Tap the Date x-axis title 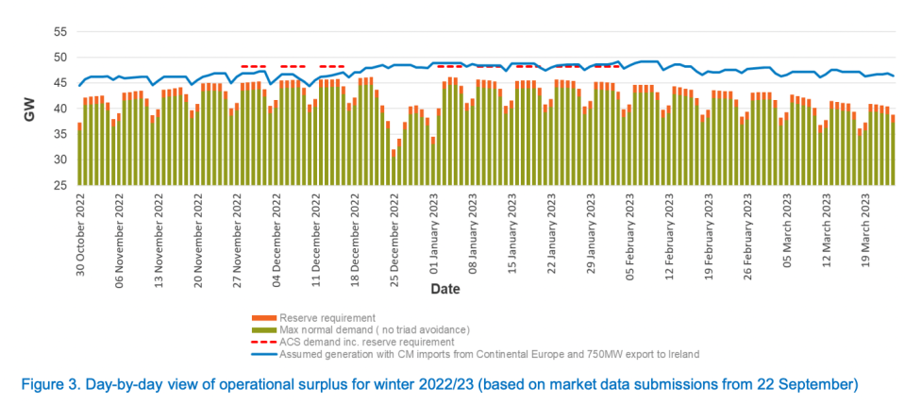[444, 289]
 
